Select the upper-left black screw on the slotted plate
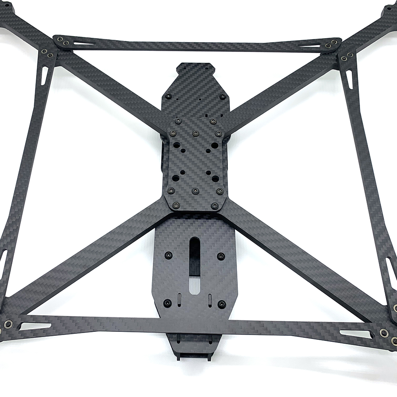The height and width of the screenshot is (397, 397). click(x=168, y=254)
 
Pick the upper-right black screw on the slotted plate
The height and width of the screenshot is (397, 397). click(x=222, y=256)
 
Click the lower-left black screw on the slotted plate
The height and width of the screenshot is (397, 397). click(x=167, y=303)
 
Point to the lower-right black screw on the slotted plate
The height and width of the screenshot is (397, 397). click(x=222, y=304)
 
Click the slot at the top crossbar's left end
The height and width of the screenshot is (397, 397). click(x=84, y=43)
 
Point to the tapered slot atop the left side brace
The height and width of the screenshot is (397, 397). click(x=44, y=75)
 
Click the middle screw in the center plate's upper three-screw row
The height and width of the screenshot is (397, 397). click(x=195, y=133)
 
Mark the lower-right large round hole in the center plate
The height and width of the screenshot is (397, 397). click(x=215, y=179)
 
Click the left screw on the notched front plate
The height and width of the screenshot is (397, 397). click(x=168, y=96)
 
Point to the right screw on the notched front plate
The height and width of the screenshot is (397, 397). click(x=222, y=96)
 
